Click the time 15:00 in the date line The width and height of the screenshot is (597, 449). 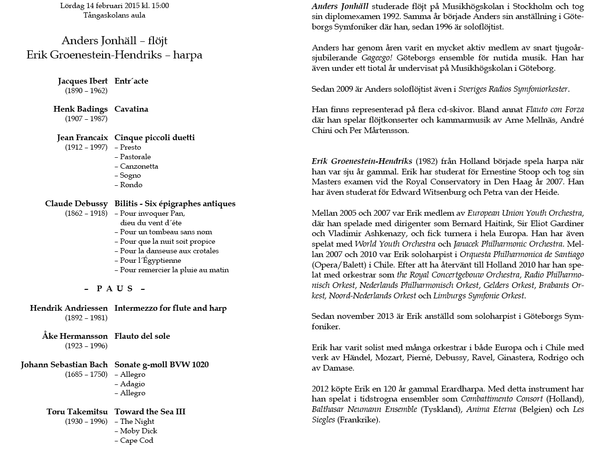159,6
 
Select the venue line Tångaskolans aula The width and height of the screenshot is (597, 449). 114,15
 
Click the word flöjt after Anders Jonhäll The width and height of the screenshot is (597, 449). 157,40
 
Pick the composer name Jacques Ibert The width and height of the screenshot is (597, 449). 83,81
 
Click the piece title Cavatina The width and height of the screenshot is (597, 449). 132,109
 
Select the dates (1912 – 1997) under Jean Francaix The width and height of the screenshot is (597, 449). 86,147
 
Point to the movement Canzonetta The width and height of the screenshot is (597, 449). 139,166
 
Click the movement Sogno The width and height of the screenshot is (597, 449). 130,176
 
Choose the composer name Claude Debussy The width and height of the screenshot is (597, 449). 76,203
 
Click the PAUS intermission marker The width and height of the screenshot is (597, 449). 114,288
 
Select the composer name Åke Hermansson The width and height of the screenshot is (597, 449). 75,336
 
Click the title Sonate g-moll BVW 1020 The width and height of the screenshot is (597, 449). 161,364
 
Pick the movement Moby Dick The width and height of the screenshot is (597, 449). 138,431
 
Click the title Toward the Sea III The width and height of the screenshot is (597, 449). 150,411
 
